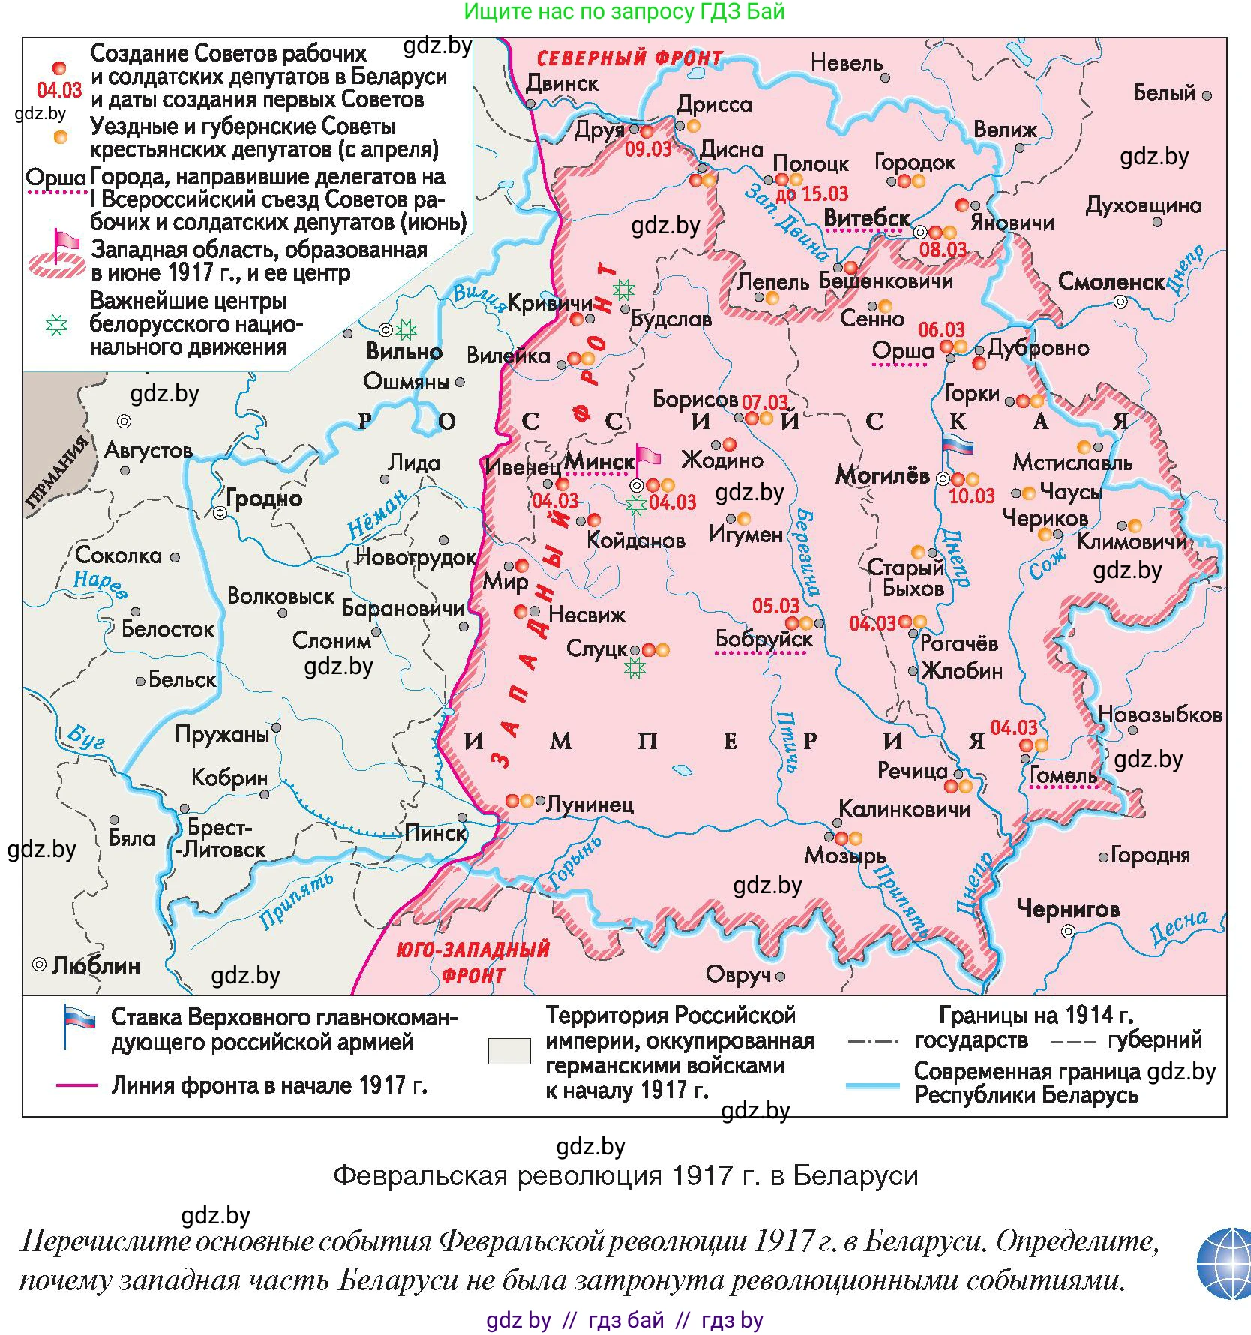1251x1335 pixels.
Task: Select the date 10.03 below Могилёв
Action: pos(971,496)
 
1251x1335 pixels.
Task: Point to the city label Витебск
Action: pos(867,217)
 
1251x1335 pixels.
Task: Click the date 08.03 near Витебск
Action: pos(943,249)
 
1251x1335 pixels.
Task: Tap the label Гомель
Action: pos(1063,775)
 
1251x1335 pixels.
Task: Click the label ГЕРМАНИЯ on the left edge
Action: pos(57,472)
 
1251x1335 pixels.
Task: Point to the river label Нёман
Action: pos(378,514)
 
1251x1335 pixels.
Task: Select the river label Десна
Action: pos(1178,928)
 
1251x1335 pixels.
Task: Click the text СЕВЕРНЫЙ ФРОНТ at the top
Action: pos(630,58)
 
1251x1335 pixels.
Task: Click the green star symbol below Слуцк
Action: pos(634,667)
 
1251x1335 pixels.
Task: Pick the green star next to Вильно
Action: pos(406,328)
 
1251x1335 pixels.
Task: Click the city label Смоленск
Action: pos(1111,282)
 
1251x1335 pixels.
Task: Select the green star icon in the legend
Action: pos(57,325)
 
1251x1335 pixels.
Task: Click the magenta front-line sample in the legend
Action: pos(76,1084)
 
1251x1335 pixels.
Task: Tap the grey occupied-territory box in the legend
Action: pos(509,1051)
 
